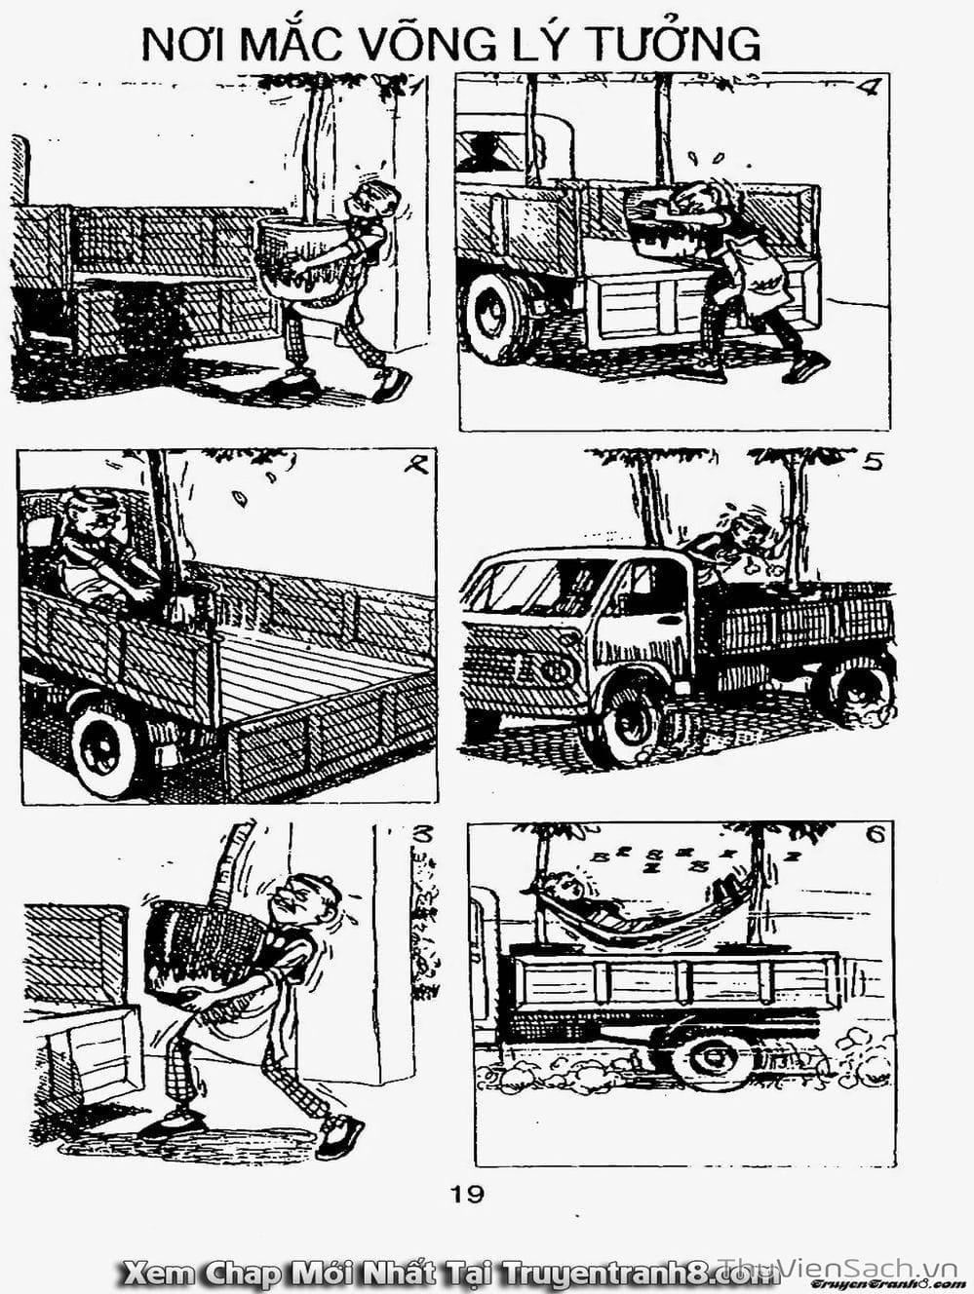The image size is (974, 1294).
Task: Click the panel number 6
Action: [877, 835]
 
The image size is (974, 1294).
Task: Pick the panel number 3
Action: [422, 835]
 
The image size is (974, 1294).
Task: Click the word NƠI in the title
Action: [184, 44]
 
